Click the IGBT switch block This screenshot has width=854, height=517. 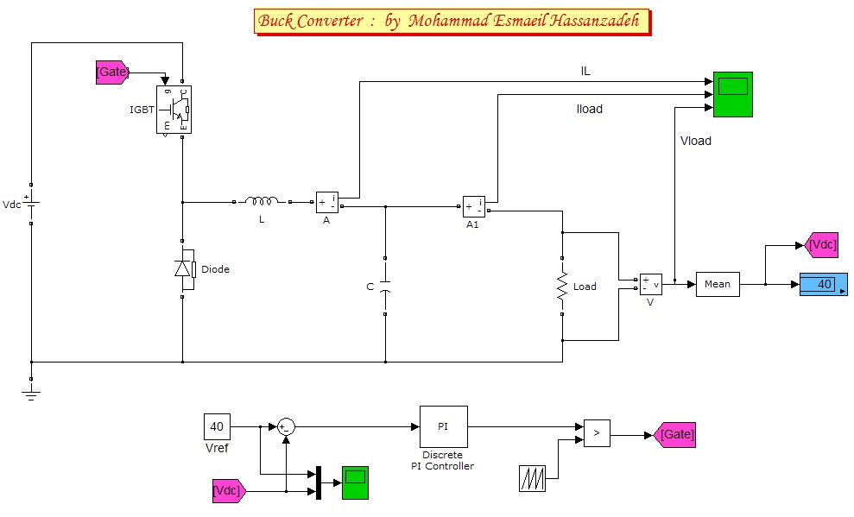pos(174,109)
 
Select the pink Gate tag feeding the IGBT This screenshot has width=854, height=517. pos(112,73)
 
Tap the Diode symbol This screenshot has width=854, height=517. pos(183,268)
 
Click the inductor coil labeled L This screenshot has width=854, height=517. pos(261,202)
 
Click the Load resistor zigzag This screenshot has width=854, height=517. pos(562,287)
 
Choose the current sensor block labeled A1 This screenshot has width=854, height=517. pos(474,207)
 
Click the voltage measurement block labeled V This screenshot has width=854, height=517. pos(650,284)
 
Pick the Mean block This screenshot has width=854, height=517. pos(718,284)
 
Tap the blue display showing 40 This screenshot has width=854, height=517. pos(823,284)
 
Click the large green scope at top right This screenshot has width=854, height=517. pos(732,94)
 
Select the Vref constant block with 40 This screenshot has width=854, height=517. pos(217,426)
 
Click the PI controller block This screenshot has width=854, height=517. pos(443,426)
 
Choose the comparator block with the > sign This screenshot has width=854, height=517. pos(596,433)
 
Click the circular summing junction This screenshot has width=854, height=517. pos(286,426)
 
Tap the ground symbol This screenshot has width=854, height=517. pos(31,394)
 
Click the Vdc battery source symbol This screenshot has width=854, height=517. pos(31,205)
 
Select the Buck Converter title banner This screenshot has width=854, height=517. pos(450,22)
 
